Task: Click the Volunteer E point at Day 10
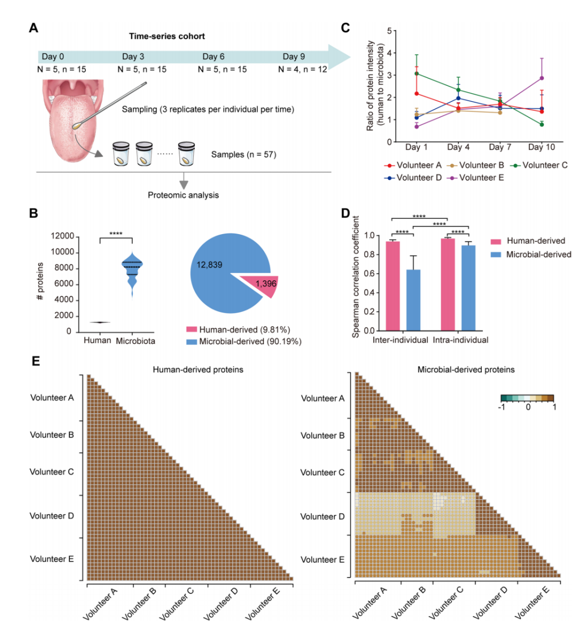[x=542, y=78]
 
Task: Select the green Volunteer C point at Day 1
[x=417, y=73]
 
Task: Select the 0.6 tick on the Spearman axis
[x=374, y=273]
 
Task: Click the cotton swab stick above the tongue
[x=114, y=105]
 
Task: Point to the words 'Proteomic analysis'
[x=184, y=195]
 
